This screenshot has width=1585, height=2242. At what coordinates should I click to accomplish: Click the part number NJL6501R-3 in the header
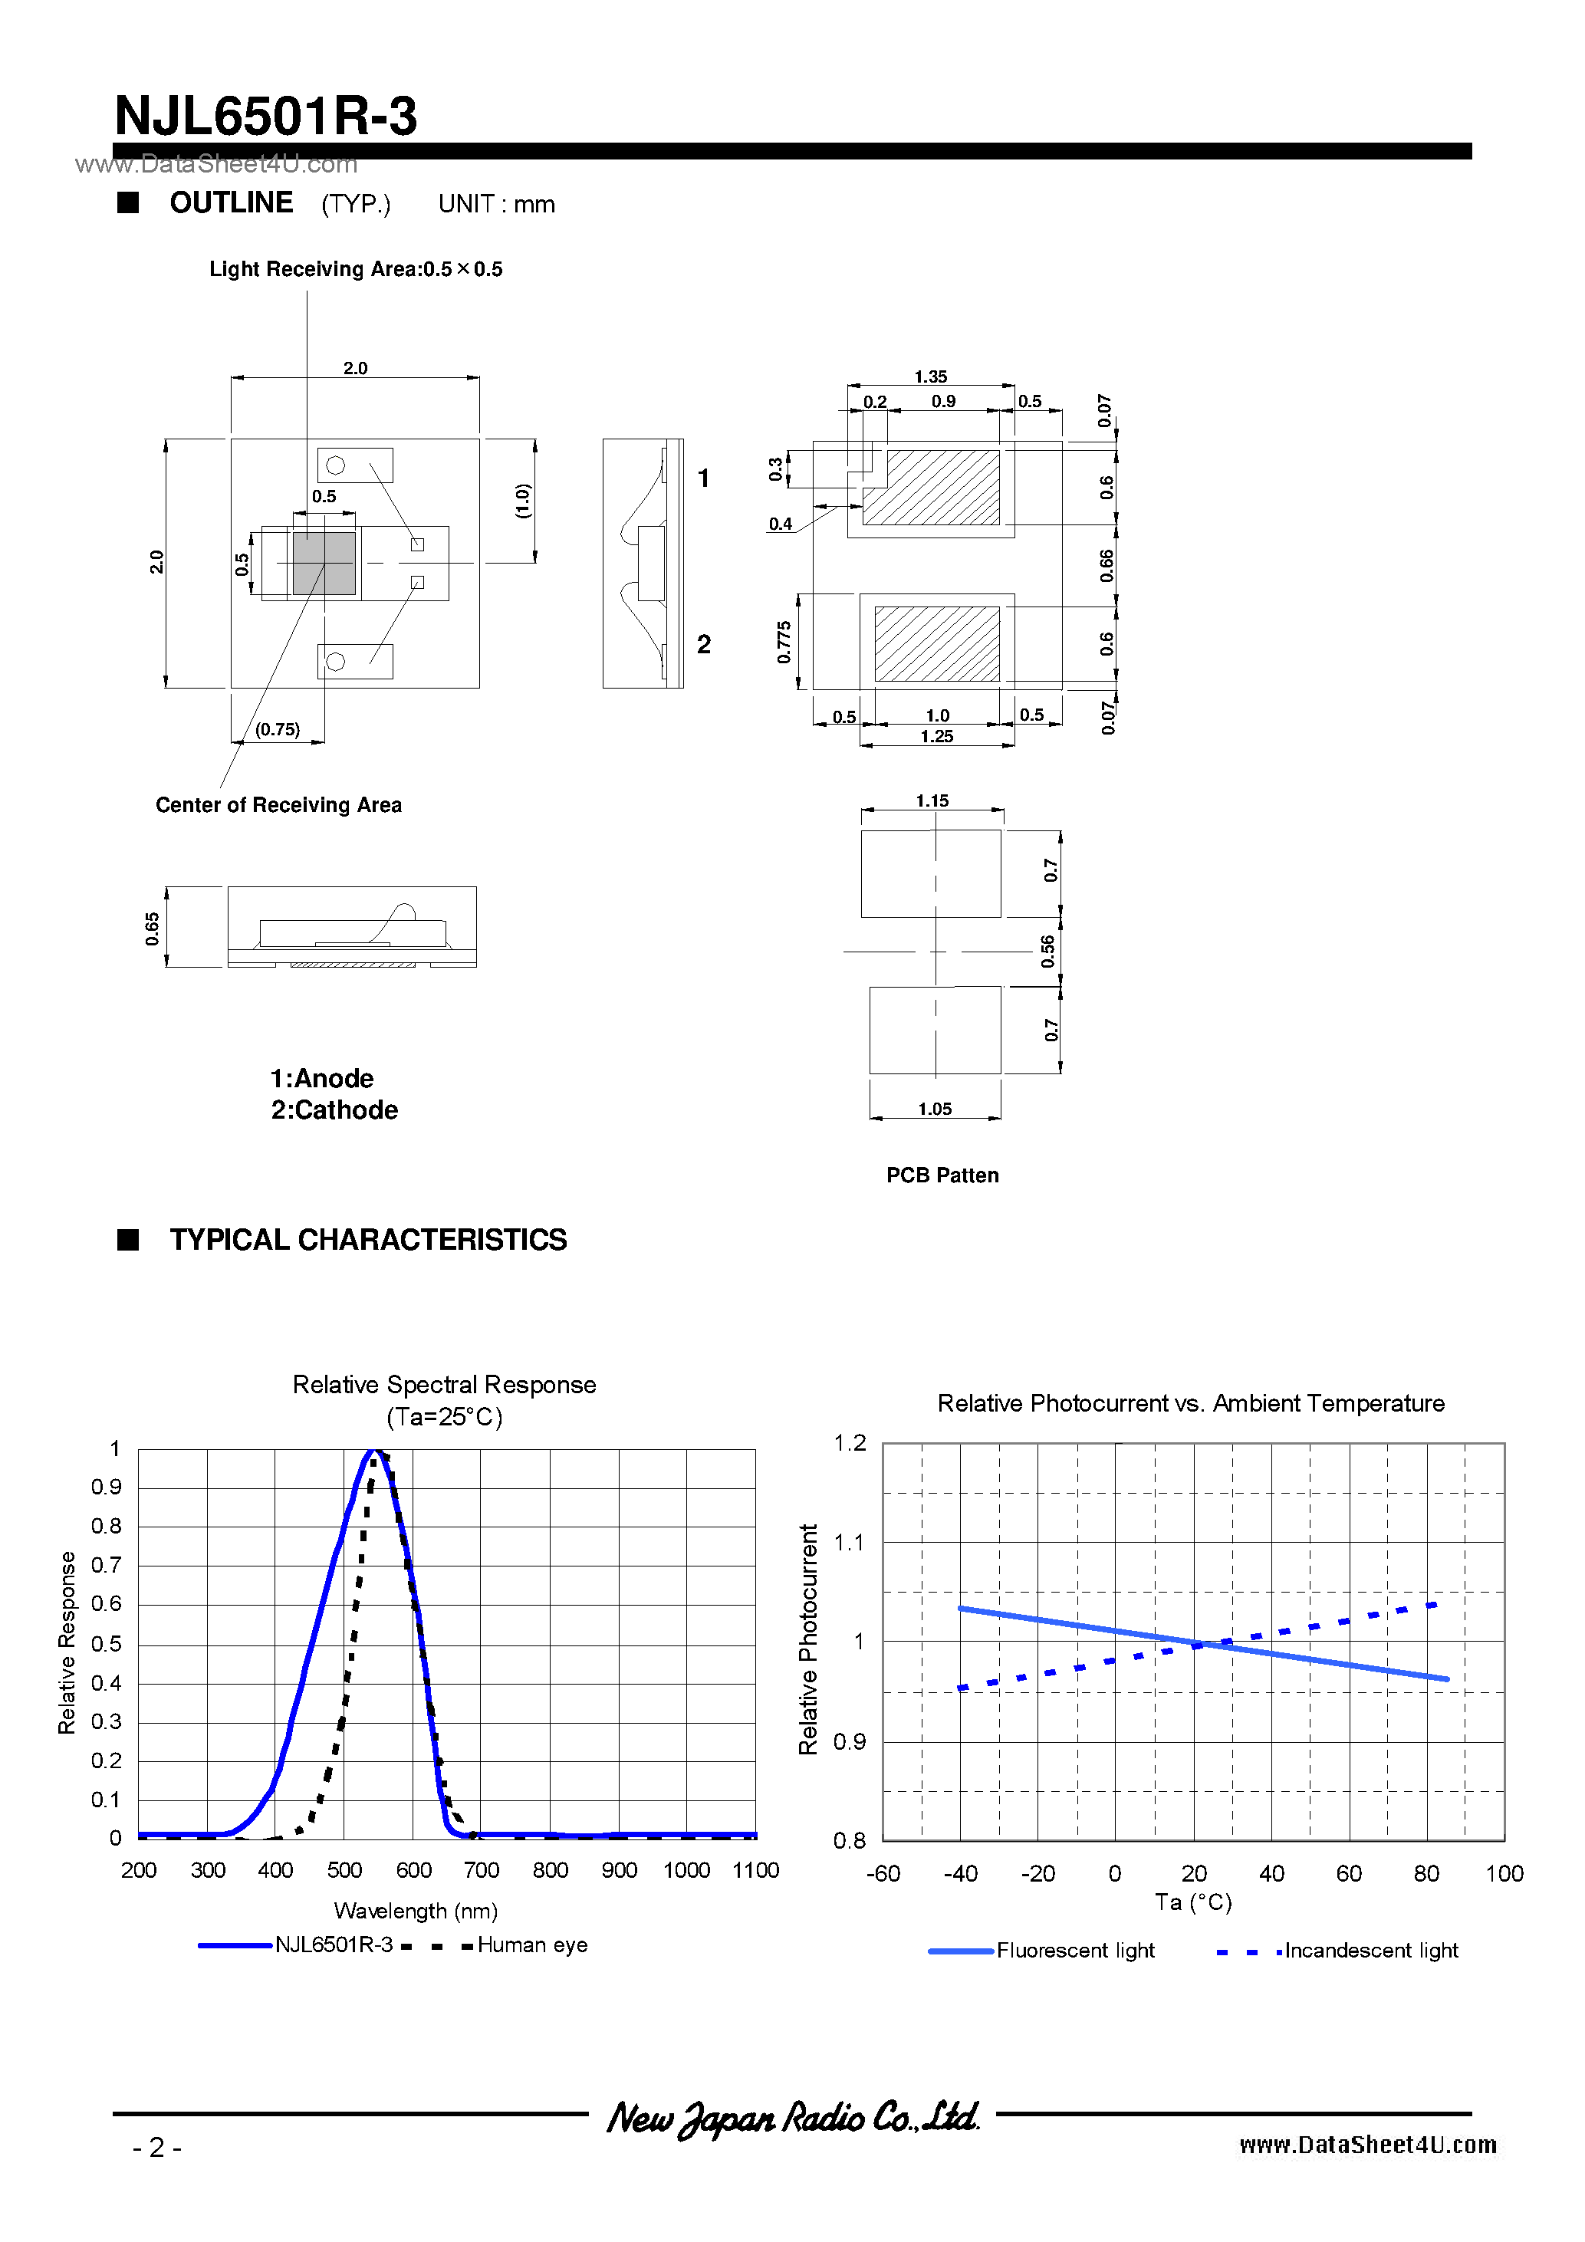[x=265, y=117]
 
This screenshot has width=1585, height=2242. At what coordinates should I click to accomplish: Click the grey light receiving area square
[x=324, y=564]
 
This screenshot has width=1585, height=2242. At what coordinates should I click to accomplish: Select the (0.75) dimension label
[x=278, y=729]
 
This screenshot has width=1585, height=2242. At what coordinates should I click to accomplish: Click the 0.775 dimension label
[x=783, y=643]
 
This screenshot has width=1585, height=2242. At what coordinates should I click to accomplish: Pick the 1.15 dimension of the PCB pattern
[x=932, y=800]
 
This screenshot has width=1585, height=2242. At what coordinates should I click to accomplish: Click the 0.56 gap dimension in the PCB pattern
[x=1048, y=951]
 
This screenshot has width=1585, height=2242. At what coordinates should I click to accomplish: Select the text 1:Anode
[x=321, y=1078]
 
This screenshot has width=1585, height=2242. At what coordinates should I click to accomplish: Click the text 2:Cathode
[x=334, y=1109]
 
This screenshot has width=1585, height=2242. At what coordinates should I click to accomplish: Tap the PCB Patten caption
[x=942, y=1175]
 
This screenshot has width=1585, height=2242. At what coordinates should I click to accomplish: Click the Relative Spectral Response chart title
[x=443, y=1385]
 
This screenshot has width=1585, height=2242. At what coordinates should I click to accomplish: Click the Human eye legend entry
[x=531, y=1944]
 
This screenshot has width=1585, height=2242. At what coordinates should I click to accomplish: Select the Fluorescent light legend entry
[x=1074, y=1950]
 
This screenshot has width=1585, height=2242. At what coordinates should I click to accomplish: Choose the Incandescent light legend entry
[x=1370, y=1950]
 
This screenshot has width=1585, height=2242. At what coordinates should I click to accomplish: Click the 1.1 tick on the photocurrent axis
[x=849, y=1542]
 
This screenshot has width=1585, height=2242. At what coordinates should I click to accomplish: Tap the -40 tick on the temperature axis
[x=960, y=1873]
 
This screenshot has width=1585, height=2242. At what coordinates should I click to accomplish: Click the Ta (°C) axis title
[x=1192, y=1902]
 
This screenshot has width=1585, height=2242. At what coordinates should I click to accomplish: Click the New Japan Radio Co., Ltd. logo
[x=792, y=2116]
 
